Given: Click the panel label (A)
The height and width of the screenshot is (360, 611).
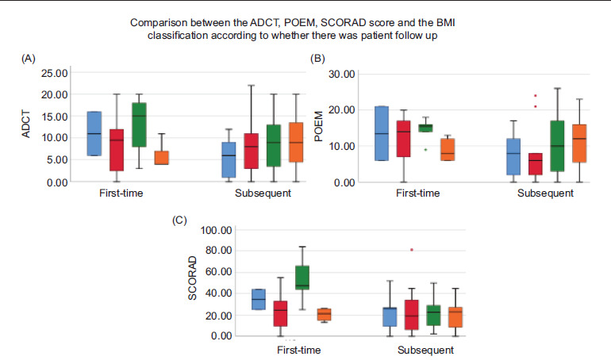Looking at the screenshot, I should (x=29, y=59).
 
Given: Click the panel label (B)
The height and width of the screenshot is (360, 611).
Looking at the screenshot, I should (x=317, y=59).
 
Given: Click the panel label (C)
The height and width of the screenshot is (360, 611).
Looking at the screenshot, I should (x=179, y=220).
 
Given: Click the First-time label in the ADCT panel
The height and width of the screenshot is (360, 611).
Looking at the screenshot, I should (x=121, y=193).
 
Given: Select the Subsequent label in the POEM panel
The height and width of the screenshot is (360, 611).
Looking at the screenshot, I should (x=545, y=193).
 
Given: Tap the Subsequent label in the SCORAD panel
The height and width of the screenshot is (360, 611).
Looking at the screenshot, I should (x=425, y=350).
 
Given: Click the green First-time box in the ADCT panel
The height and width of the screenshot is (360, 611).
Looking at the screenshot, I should (x=138, y=124).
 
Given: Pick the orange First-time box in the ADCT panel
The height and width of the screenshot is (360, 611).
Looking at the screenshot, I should (x=162, y=157).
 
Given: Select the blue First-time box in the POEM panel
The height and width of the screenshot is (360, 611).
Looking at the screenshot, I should (x=381, y=132).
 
